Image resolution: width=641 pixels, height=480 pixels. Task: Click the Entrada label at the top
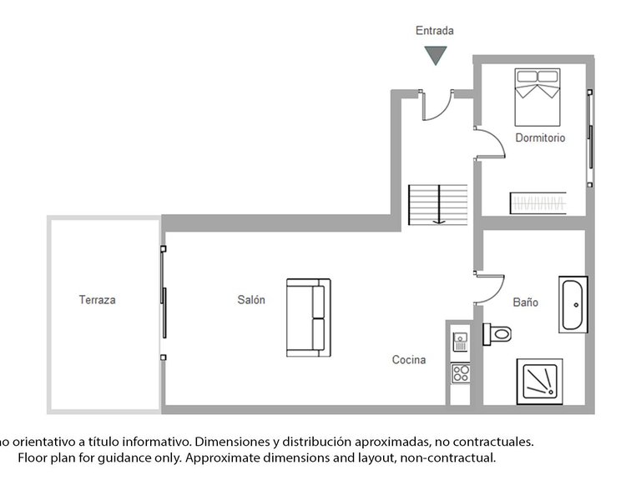click(x=435, y=31)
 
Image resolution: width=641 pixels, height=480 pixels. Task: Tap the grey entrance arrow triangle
click(x=435, y=55)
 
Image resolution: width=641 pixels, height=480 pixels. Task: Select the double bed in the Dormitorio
click(x=536, y=93)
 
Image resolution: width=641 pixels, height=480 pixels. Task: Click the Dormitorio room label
click(x=539, y=137)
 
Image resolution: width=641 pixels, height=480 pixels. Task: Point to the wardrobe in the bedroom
click(x=538, y=203)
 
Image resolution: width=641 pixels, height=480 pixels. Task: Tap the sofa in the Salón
click(x=308, y=317)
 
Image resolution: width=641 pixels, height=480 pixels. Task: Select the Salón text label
click(x=250, y=300)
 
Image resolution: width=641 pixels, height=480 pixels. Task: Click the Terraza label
click(x=97, y=300)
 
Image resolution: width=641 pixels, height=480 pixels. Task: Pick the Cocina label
click(x=409, y=360)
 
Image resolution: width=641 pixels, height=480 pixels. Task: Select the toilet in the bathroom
click(x=497, y=332)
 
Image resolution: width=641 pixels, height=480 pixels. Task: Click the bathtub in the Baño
click(x=573, y=305)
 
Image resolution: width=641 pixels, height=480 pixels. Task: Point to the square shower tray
click(x=539, y=382)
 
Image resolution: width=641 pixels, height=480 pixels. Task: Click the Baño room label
click(x=525, y=302)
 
